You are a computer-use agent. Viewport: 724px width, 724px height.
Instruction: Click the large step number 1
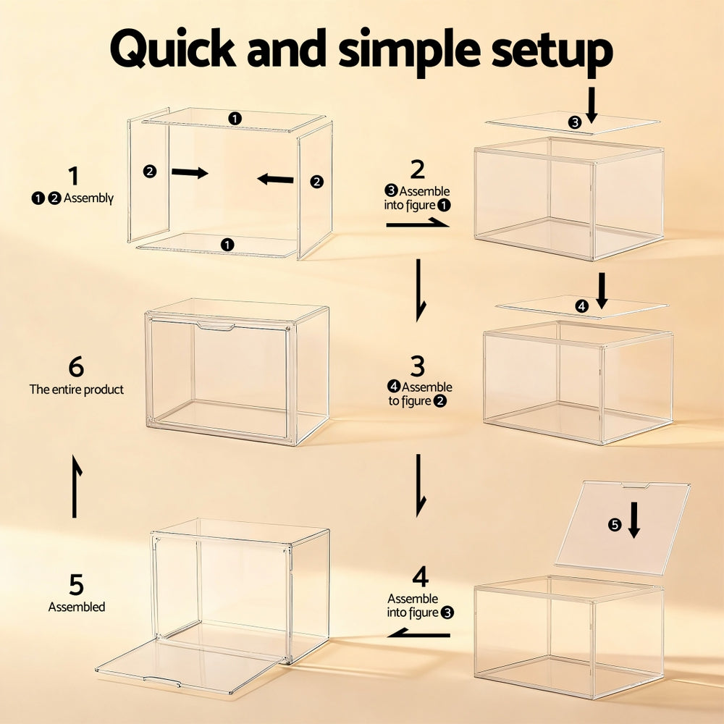(73, 176)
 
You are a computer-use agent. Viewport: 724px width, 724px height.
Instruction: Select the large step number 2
(417, 169)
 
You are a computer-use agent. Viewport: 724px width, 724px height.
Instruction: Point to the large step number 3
(418, 366)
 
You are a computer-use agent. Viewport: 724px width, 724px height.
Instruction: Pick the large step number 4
(420, 577)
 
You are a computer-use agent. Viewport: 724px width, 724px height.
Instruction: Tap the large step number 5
(76, 584)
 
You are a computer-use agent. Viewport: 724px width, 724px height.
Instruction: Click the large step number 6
(76, 367)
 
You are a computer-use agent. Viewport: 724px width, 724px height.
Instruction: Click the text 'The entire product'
(77, 390)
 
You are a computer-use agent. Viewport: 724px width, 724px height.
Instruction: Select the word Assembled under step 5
(77, 607)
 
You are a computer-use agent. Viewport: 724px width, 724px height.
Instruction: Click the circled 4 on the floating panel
(582, 306)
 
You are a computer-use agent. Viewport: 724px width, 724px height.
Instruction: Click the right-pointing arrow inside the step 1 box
(190, 172)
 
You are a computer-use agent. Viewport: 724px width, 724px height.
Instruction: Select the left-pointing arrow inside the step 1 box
(276, 178)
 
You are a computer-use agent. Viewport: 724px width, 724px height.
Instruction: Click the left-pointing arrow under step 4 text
(419, 633)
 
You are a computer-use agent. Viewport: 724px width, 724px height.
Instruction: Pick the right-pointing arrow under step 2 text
(418, 224)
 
